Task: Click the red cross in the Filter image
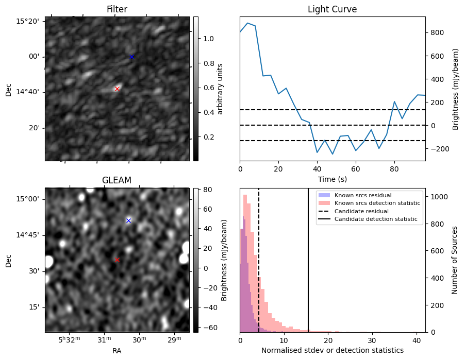[x=117, y=89]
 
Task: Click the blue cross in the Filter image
[x=131, y=57]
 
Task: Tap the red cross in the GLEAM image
[x=117, y=260]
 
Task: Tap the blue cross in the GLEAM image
[x=128, y=220]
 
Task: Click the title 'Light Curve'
[x=332, y=9]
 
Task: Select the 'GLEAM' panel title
[x=117, y=180]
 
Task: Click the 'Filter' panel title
[x=117, y=9]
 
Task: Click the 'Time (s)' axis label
[x=332, y=179]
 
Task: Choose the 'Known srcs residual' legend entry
[x=363, y=195]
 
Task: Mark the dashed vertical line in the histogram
[x=259, y=268]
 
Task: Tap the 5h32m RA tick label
[x=69, y=340]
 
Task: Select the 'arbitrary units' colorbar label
[x=220, y=89]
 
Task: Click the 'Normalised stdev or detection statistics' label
[x=332, y=350]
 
